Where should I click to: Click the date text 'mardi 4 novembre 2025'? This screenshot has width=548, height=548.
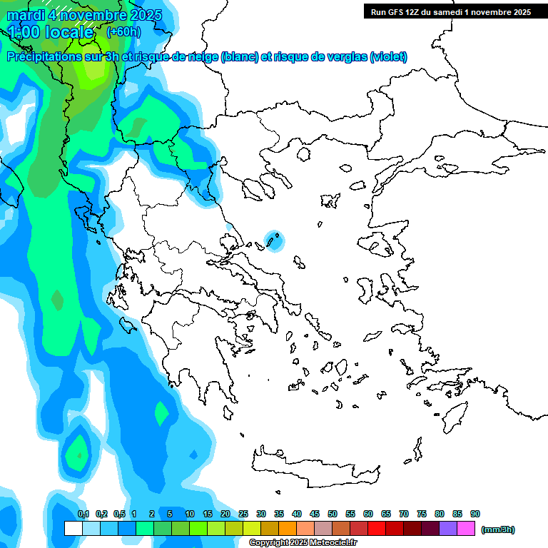click(x=84, y=15)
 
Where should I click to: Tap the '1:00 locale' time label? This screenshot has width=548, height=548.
click(x=51, y=32)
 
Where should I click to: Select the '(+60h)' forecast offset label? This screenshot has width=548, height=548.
click(x=123, y=32)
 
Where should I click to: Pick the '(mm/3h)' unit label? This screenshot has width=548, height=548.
click(x=497, y=529)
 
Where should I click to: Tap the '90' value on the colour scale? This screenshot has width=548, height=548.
click(x=475, y=514)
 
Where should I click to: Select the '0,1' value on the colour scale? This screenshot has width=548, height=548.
click(x=83, y=514)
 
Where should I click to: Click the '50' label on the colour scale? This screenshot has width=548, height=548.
click(x=333, y=514)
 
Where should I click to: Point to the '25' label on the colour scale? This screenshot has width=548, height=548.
click(x=243, y=514)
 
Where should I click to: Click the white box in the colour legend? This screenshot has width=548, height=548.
click(x=73, y=528)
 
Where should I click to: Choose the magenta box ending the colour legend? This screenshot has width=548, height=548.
click(x=466, y=528)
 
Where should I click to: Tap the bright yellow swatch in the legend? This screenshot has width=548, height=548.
click(x=252, y=528)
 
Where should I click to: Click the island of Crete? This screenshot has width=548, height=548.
click(x=314, y=464)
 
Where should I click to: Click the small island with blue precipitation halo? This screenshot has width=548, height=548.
click(x=273, y=240)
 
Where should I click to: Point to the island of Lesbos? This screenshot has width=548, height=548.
click(x=380, y=246)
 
